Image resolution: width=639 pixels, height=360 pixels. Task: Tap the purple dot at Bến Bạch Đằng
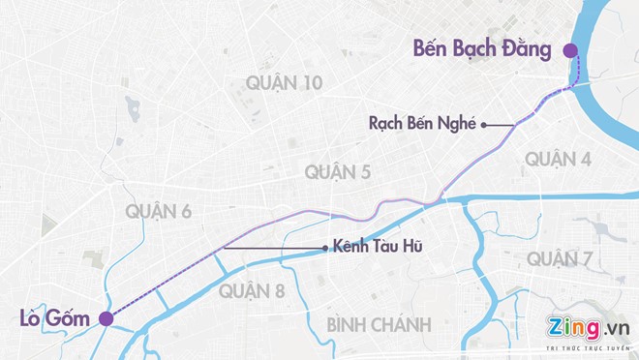click(570, 50)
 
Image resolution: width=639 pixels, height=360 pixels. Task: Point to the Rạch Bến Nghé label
click(422, 124)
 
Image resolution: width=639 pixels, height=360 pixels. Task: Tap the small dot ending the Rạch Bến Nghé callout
click(483, 124)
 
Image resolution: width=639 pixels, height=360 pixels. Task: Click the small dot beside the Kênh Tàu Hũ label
click(324, 248)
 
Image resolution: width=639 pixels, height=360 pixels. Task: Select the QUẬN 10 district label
click(285, 83)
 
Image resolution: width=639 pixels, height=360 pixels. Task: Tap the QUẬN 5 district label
click(339, 172)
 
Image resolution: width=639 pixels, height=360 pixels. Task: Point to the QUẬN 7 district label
click(561, 258)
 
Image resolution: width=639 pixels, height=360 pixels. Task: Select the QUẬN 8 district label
click(252, 290)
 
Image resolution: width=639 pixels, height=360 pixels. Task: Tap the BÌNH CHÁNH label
click(379, 324)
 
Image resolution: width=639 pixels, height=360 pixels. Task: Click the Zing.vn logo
click(588, 327)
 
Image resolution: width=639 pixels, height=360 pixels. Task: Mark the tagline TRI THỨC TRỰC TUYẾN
click(588, 347)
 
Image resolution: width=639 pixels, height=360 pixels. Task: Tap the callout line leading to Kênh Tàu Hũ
click(271, 248)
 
